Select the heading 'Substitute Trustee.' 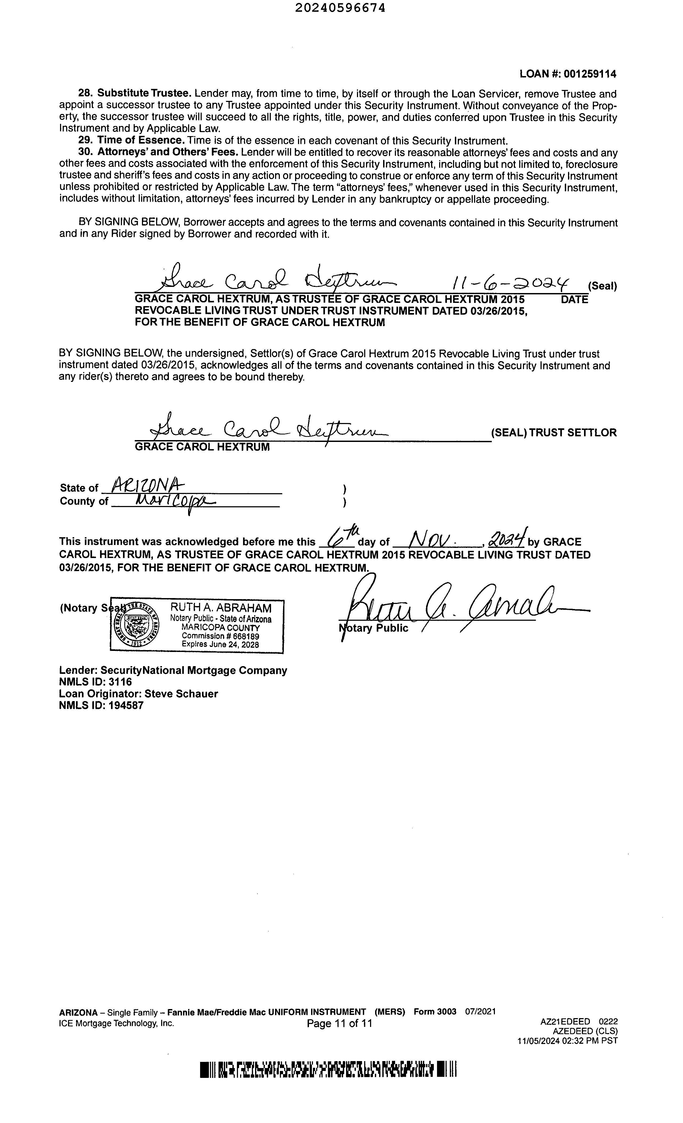pyautogui.click(x=144, y=94)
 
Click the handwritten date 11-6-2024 pyautogui.click(x=510, y=283)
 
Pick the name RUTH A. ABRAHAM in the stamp pyautogui.click(x=221, y=607)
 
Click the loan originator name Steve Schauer pyautogui.click(x=181, y=694)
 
